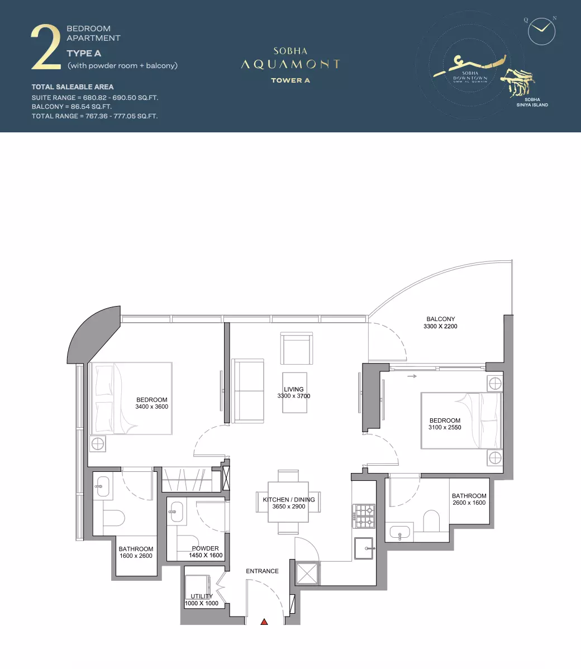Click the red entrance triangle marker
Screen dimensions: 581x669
tap(264, 622)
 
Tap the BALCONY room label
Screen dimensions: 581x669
tap(441, 319)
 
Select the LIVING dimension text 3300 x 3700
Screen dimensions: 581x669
tap(294, 396)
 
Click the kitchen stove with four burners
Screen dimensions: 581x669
tap(364, 516)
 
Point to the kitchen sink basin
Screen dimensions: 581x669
tap(364, 548)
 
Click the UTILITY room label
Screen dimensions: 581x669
tap(202, 596)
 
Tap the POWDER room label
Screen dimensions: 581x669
tap(206, 548)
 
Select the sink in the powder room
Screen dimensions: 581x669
tap(176, 511)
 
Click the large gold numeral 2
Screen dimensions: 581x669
tap(46, 47)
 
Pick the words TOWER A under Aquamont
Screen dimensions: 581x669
tap(290, 80)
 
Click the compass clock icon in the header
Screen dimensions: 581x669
tap(541, 31)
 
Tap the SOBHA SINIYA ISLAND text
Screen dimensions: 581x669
tap(532, 102)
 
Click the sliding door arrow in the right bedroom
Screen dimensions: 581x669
tap(412, 376)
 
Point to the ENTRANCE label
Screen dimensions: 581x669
tap(262, 571)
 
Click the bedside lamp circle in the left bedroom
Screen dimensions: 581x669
tap(98, 444)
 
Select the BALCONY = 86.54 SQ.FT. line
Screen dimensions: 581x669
tap(72, 107)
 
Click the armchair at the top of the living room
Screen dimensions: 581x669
tap(297, 348)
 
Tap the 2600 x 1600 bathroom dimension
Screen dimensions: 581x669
tap(469, 503)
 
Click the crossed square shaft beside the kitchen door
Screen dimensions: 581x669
tap(307, 573)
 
